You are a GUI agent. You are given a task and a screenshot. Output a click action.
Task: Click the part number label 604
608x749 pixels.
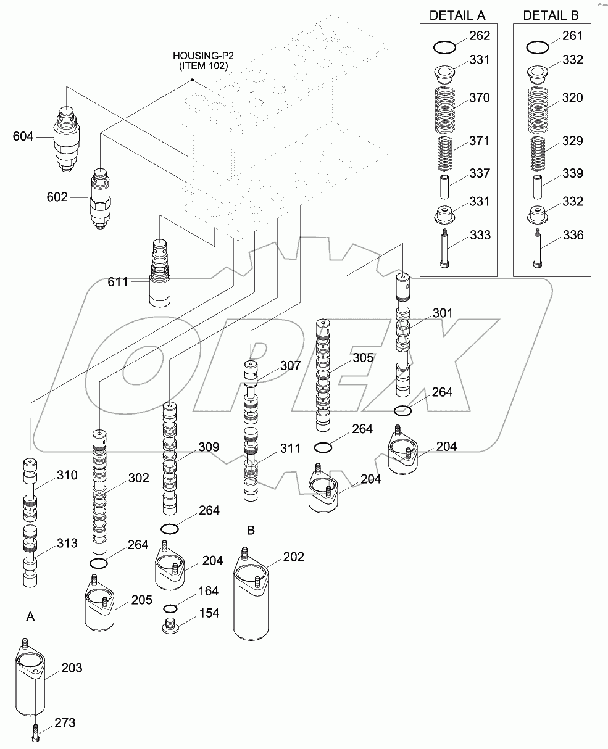(x=23, y=137)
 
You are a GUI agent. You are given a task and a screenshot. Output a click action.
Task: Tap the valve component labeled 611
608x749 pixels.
(x=159, y=271)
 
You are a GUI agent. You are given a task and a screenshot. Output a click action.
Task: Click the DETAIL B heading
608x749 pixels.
(x=552, y=15)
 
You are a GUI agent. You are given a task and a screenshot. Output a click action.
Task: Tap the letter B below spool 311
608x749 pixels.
(x=251, y=530)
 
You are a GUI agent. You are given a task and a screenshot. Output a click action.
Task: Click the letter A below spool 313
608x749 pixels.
(x=29, y=616)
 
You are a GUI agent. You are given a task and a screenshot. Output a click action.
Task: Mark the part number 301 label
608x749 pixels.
(x=441, y=313)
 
